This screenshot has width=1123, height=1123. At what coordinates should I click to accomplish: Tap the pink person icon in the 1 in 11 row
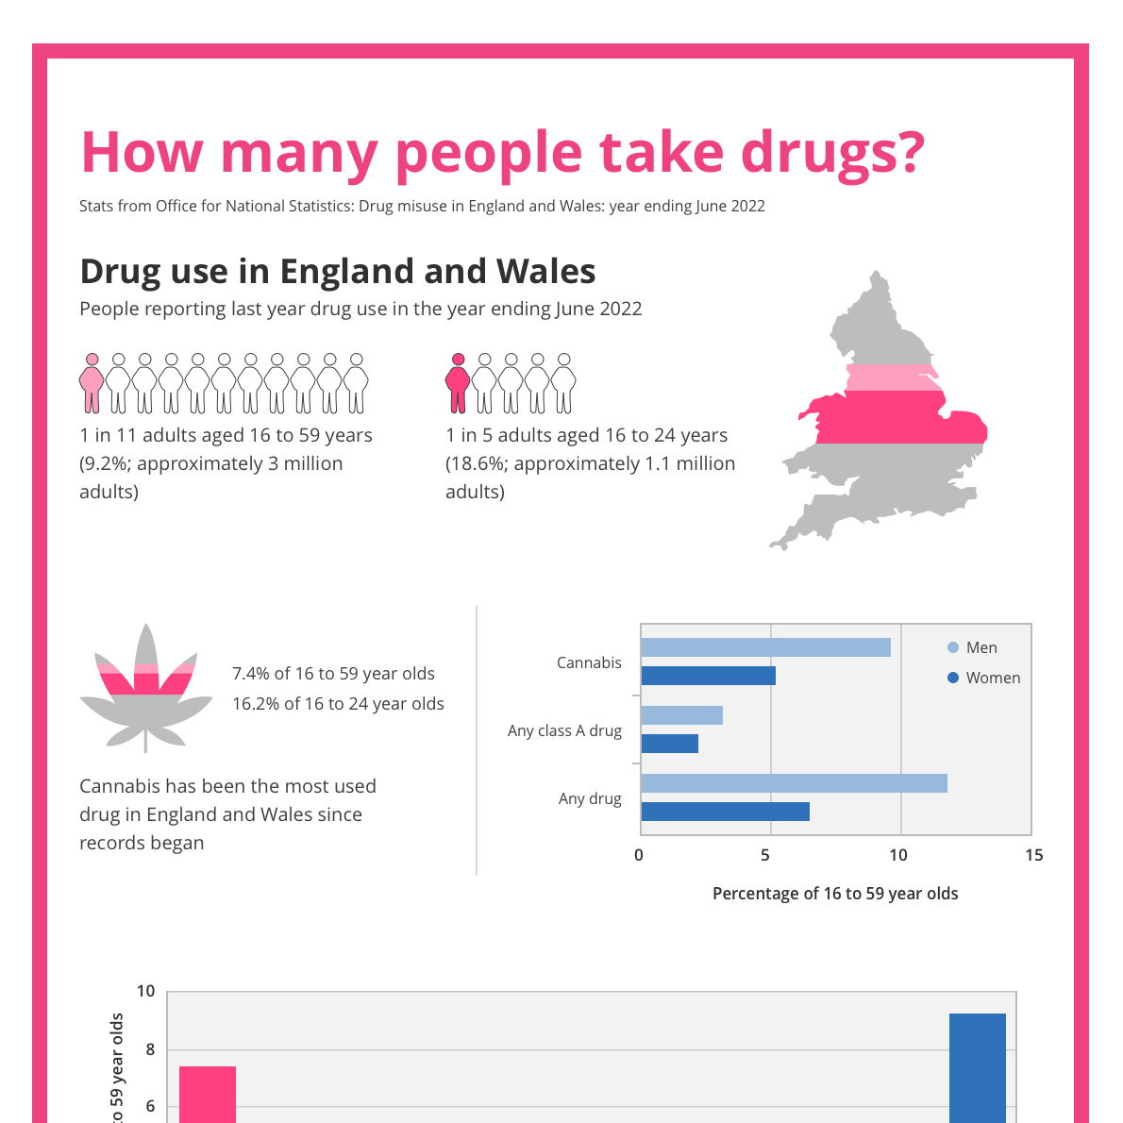pyautogui.click(x=92, y=383)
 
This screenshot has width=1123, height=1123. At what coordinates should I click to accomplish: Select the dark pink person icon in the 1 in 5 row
pyautogui.click(x=458, y=383)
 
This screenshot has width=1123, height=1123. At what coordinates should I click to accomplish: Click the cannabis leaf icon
pyautogui.click(x=145, y=687)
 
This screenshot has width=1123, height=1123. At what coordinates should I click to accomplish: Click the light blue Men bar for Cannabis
pyautogui.click(x=765, y=647)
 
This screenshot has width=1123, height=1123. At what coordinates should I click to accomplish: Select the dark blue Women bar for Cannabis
pyautogui.click(x=708, y=676)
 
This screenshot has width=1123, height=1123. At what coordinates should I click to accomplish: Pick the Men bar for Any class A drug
pyautogui.click(x=681, y=715)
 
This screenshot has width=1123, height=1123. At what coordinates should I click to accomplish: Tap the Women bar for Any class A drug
pyautogui.click(x=669, y=744)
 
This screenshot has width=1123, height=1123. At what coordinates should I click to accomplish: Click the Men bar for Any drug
pyautogui.click(x=794, y=783)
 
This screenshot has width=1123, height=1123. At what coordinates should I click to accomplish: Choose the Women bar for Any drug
pyautogui.click(x=725, y=812)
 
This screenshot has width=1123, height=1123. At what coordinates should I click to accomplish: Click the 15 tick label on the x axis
pyautogui.click(x=1033, y=855)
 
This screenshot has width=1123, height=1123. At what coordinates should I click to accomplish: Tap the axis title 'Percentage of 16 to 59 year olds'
pyautogui.click(x=835, y=894)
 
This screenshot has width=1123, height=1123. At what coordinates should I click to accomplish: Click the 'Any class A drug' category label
pyautogui.click(x=564, y=730)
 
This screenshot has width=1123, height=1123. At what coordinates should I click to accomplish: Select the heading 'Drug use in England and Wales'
pyautogui.click(x=337, y=272)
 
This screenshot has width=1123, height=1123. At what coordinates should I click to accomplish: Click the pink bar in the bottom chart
pyautogui.click(x=208, y=1095)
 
